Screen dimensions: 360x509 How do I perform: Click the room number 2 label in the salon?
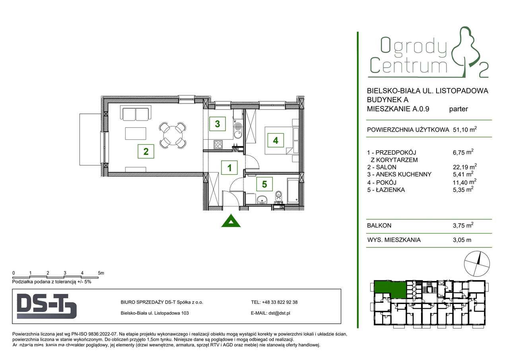146,151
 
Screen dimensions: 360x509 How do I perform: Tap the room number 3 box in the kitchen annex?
217,124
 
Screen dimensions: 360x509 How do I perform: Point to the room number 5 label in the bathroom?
264,184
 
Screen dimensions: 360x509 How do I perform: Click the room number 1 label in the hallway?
229,168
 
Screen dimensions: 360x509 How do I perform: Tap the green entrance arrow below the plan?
231,221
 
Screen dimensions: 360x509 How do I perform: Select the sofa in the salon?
135,114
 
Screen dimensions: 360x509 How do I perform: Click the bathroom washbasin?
261,199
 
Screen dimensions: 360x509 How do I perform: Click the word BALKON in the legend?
379,226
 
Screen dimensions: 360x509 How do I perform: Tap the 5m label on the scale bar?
101,273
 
